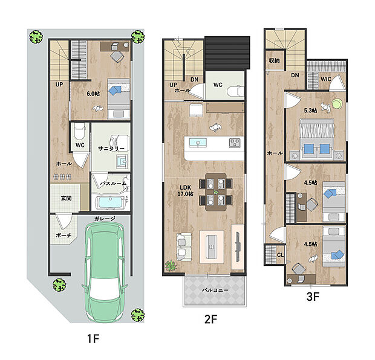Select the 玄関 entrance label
click(66, 198)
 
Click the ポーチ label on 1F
click(64, 235)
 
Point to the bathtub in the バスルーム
click(111, 203)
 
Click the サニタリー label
click(111, 149)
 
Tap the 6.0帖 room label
click(93, 94)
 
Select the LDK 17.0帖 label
click(185, 191)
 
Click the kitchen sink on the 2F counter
click(198, 143)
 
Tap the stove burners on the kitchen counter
click(235, 143)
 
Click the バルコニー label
click(215, 290)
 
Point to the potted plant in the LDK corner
click(171, 266)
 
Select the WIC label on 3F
click(326, 79)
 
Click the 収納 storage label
click(275, 60)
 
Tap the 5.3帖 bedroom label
click(310, 111)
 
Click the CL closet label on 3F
click(280, 255)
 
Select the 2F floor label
click(210, 319)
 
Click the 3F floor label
click(313, 297)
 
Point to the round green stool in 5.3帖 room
click(337, 104)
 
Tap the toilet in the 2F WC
click(235, 91)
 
